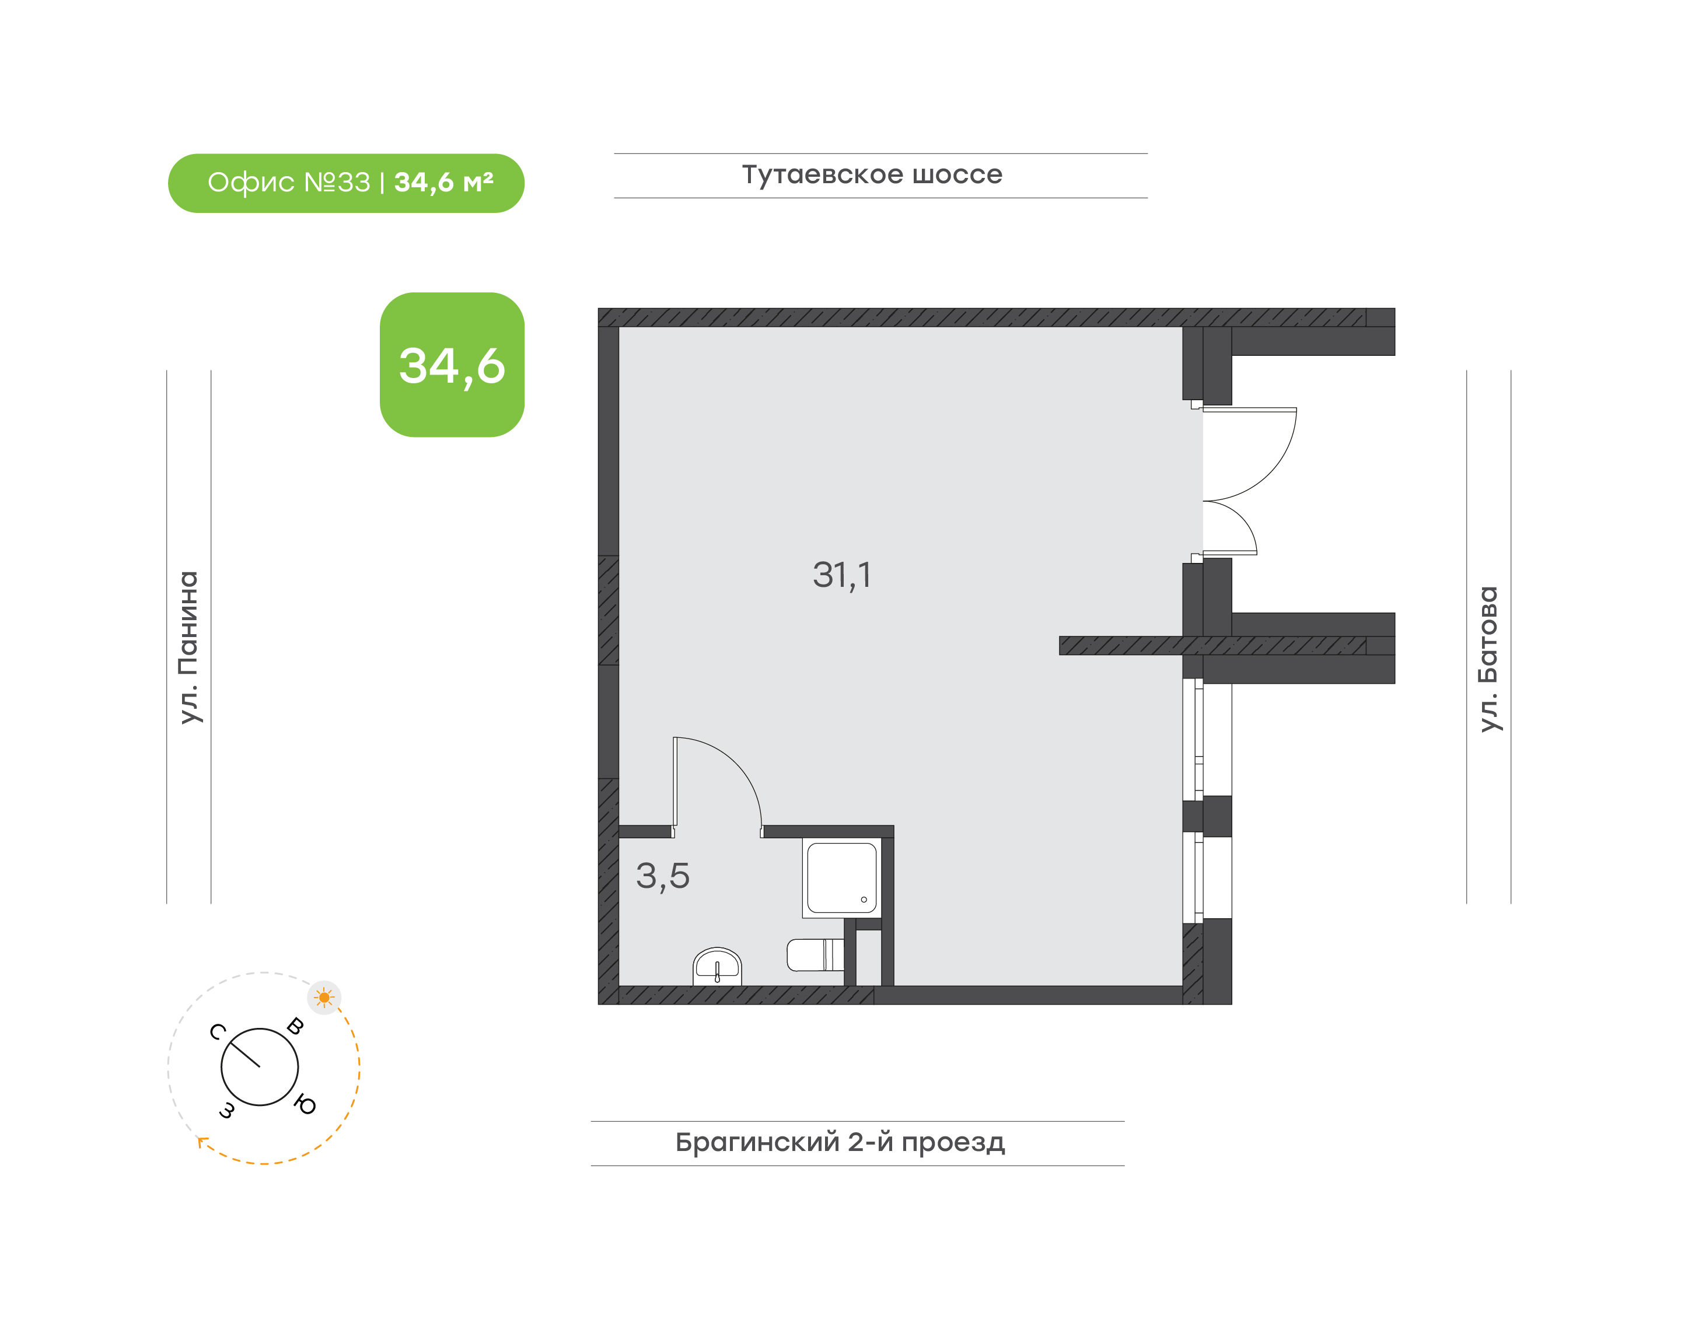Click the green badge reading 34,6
click(x=452, y=365)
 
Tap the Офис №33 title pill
click(x=346, y=183)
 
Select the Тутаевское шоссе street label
click(x=872, y=174)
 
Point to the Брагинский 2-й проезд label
click(x=840, y=1142)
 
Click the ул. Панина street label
click(x=189, y=647)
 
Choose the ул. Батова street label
click(x=1488, y=659)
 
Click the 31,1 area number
click(x=842, y=575)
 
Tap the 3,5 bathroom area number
click(x=663, y=876)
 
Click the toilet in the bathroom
click(x=815, y=954)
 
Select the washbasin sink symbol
click(x=717, y=966)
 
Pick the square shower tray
click(x=842, y=878)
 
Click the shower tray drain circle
click(x=864, y=900)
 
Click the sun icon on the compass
click(x=324, y=998)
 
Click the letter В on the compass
click(x=295, y=1026)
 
